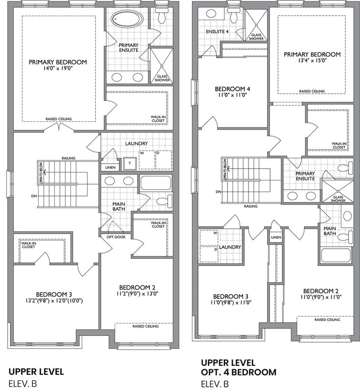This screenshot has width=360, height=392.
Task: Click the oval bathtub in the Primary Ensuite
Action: (x=127, y=19)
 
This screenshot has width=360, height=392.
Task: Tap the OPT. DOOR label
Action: (x=116, y=237)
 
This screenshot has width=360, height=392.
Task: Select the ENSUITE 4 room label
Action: (x=217, y=31)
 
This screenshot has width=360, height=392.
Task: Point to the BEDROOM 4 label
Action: (x=233, y=89)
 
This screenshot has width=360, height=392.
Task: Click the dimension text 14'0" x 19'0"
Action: (x=58, y=68)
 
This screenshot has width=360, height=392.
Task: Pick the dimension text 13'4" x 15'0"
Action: (x=312, y=60)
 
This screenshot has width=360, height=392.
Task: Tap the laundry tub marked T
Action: (x=130, y=164)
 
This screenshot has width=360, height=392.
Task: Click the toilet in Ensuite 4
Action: (x=234, y=16)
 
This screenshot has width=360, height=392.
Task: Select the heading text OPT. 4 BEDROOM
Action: (x=239, y=372)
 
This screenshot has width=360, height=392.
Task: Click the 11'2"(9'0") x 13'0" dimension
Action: (x=137, y=294)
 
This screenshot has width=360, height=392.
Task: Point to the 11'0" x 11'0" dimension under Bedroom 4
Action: (x=233, y=95)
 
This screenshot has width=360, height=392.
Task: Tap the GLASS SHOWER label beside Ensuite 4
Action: (x=256, y=37)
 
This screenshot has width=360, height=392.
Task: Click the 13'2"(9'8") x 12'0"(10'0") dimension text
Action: (x=54, y=301)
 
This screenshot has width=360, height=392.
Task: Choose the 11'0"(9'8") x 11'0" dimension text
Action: (x=231, y=303)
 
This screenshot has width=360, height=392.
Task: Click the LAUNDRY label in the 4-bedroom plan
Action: (x=230, y=247)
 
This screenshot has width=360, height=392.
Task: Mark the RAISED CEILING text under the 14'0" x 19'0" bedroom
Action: (x=58, y=119)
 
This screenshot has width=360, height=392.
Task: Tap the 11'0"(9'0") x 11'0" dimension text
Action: (x=321, y=297)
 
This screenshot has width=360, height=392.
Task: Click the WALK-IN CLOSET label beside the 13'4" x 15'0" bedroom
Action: (x=339, y=146)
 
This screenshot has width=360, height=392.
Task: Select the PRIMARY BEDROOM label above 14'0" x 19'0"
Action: (x=58, y=62)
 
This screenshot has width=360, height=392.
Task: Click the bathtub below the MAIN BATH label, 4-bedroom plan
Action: (x=336, y=255)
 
